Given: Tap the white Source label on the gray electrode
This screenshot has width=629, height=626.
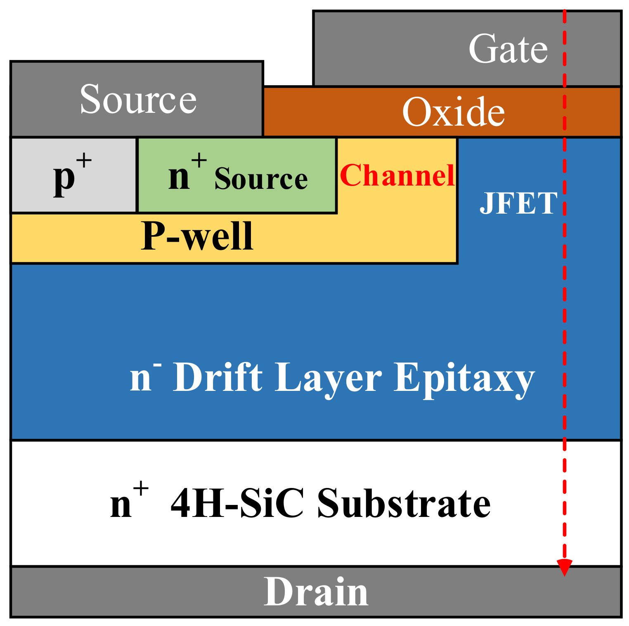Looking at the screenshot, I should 138,100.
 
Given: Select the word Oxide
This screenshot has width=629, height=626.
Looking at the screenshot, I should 453,112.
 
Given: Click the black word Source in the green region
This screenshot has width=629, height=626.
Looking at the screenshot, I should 261,179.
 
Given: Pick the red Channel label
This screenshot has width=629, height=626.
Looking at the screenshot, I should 397,176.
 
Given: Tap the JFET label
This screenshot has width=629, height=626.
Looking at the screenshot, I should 518,203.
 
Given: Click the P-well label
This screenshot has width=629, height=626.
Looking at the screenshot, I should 196,236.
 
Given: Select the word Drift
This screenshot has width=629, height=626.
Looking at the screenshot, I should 218,377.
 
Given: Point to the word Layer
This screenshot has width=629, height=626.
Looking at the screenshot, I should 328,377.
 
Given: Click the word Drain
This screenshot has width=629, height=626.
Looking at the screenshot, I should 316,592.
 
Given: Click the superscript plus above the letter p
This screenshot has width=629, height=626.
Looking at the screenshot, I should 84,160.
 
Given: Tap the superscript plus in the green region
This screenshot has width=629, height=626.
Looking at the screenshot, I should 199,160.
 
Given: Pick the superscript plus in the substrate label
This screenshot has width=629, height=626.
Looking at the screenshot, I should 141,489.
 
